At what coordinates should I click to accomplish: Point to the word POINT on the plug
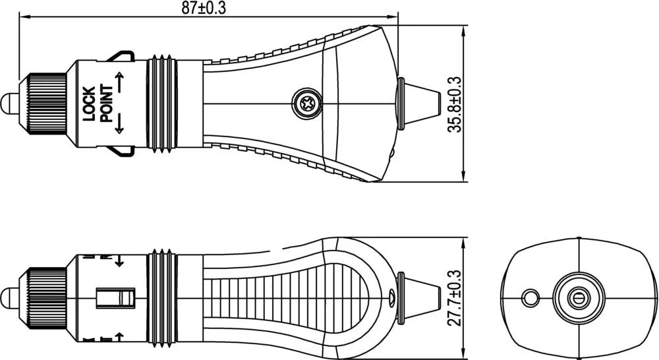pyautogui.click(x=105, y=104)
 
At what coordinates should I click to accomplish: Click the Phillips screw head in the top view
pyautogui.click(x=308, y=103)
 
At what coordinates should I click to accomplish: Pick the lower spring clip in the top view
pyautogui.click(x=121, y=150)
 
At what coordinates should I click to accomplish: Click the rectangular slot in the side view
pyautogui.click(x=115, y=298)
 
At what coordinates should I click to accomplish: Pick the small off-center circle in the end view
pyautogui.click(x=530, y=298)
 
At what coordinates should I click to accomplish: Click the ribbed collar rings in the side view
pyautogui.click(x=163, y=298)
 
